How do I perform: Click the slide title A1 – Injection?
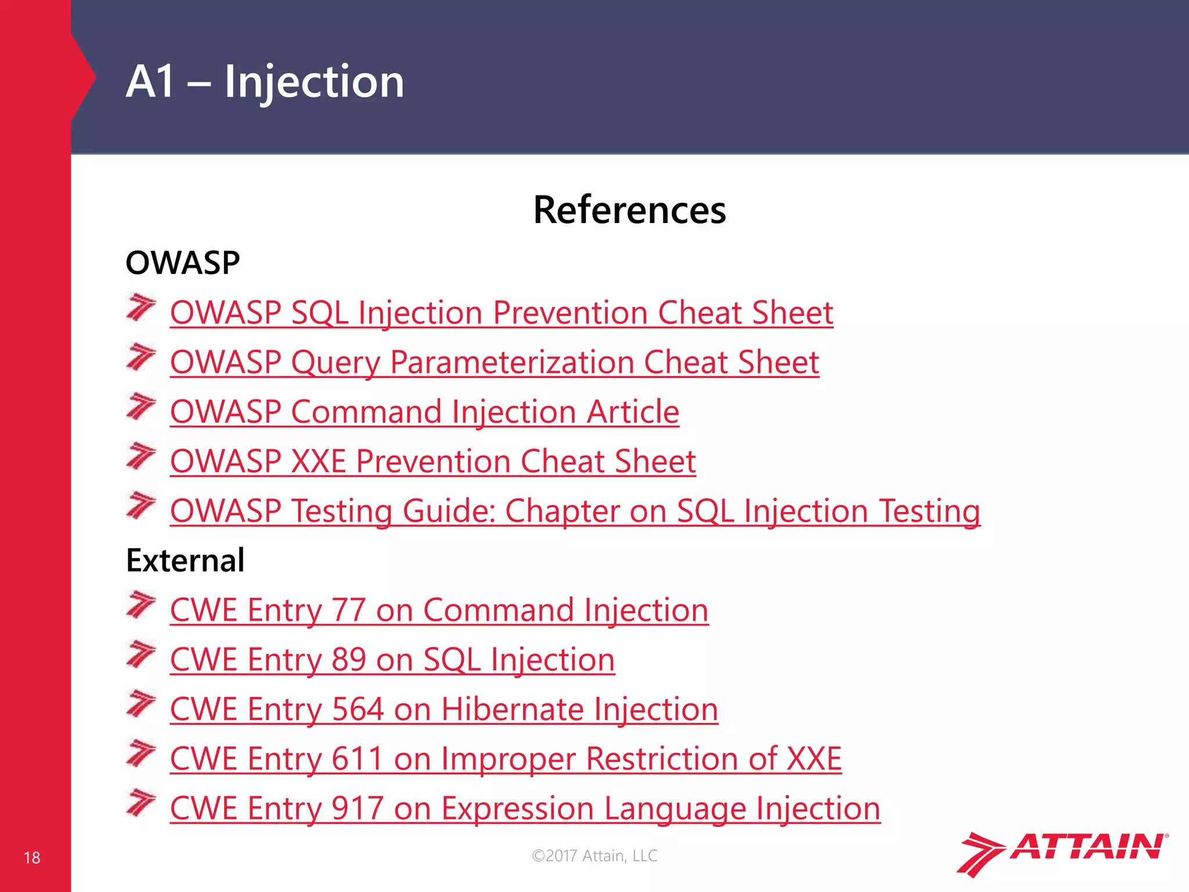pyautogui.click(x=265, y=81)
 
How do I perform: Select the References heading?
pyautogui.click(x=629, y=210)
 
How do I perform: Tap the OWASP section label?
pyautogui.click(x=183, y=262)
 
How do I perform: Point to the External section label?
pyautogui.click(x=185, y=560)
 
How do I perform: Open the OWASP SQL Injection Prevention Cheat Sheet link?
pyautogui.click(x=502, y=312)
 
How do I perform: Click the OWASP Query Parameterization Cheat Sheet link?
pyautogui.click(x=495, y=362)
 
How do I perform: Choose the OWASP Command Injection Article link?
pyautogui.click(x=424, y=412)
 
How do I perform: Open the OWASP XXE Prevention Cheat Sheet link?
pyautogui.click(x=433, y=461)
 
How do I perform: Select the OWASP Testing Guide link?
pyautogui.click(x=575, y=511)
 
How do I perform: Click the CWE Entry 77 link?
pyautogui.click(x=439, y=610)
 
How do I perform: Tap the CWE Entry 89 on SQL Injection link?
pyautogui.click(x=392, y=660)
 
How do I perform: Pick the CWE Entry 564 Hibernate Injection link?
pyautogui.click(x=444, y=709)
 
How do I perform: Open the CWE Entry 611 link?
pyautogui.click(x=506, y=758)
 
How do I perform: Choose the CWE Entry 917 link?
pyautogui.click(x=525, y=808)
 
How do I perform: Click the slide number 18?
pyautogui.click(x=32, y=858)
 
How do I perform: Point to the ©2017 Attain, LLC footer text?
pyautogui.click(x=594, y=855)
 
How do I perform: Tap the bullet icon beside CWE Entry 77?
pyautogui.click(x=141, y=605)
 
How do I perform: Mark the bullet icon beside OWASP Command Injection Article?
pyautogui.click(x=141, y=407)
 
